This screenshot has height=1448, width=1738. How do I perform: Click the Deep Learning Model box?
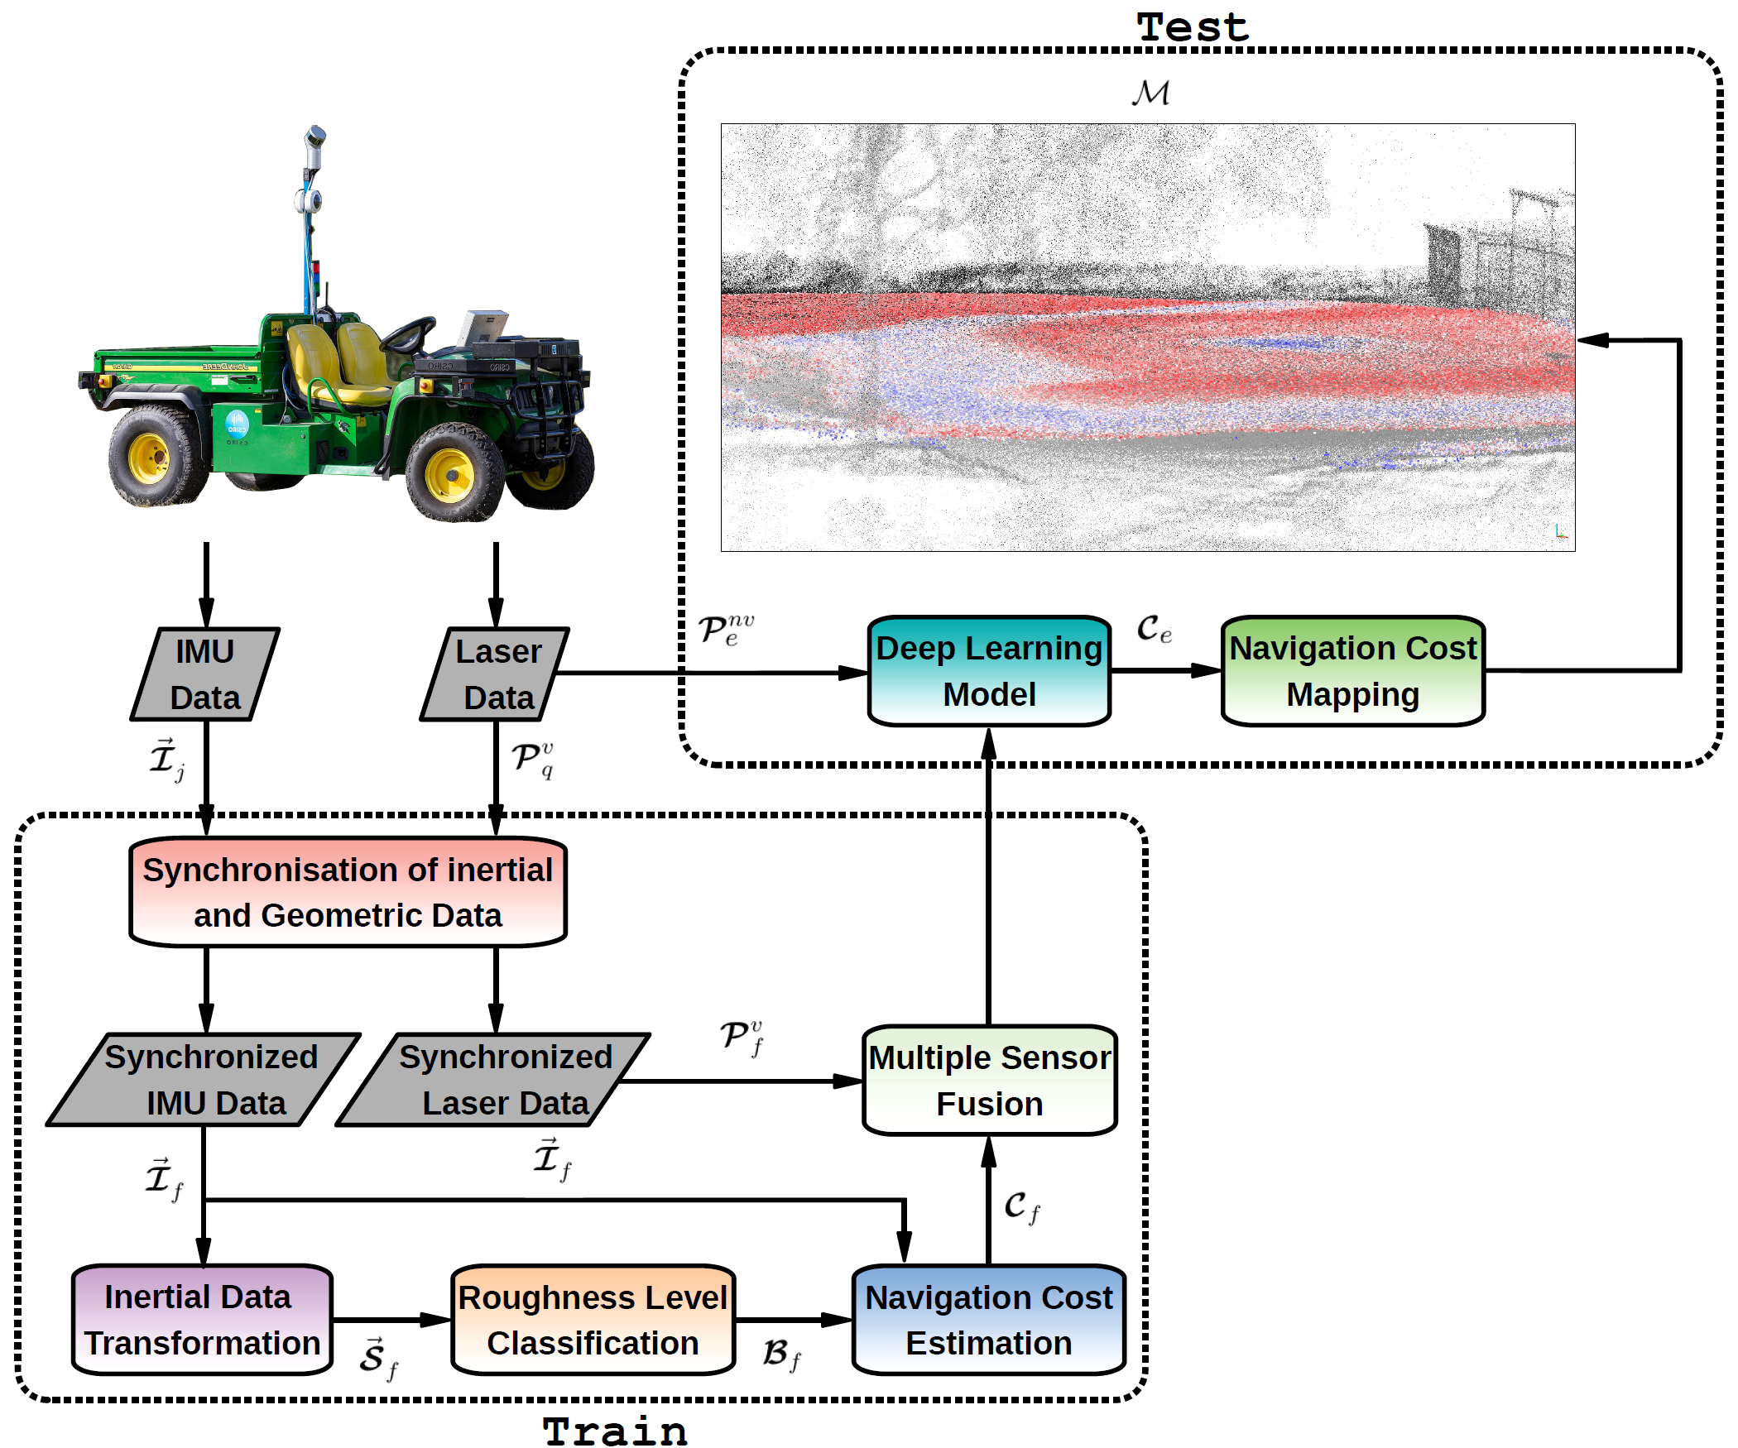(989, 671)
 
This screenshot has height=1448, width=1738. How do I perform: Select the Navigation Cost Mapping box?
(1353, 671)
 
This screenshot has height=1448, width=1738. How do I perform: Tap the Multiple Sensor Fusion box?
(990, 1081)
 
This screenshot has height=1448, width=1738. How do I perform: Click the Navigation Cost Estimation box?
(989, 1320)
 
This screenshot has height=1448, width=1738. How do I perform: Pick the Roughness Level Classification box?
(593, 1320)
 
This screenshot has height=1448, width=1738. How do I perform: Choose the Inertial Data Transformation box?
(203, 1320)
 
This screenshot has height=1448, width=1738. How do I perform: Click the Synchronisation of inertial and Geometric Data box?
(348, 892)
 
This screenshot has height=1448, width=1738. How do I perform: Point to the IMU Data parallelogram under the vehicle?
(205, 674)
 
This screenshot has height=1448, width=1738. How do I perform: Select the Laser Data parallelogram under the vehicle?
(495, 674)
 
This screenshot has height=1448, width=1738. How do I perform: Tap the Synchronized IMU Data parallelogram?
(204, 1080)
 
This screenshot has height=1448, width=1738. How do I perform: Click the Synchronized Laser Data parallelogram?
(493, 1080)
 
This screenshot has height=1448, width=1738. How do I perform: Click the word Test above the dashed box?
(1193, 27)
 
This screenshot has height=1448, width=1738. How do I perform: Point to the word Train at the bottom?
(615, 1431)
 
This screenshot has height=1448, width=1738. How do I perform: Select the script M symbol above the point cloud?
(1151, 93)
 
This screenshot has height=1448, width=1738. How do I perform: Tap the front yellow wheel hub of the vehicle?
(449, 475)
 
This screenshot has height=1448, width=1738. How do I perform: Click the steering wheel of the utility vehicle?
(407, 333)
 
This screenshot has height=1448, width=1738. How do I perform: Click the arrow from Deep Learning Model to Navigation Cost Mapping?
(1166, 670)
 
